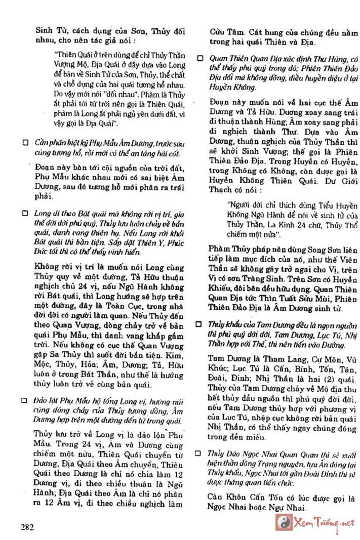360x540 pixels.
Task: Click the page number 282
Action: [27, 526]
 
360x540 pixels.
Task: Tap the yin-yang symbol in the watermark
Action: [297, 522]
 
